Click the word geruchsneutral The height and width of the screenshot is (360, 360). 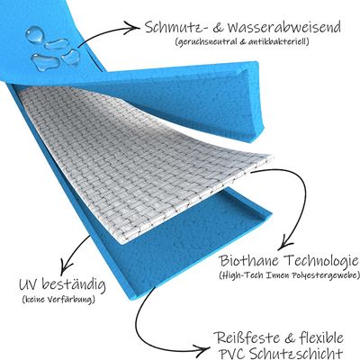206,42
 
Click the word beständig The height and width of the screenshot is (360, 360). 74,285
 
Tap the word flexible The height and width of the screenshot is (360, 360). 322,337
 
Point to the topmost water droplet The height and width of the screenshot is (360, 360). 35,34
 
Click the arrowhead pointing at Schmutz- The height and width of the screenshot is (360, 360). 134,29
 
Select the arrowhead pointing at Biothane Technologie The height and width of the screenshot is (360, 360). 283,244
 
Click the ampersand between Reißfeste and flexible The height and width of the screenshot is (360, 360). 291,338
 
